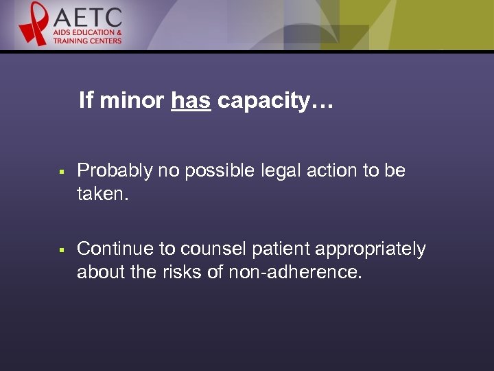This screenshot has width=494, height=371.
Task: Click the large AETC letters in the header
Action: (87, 17)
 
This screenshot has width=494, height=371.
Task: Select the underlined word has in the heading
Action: (191, 102)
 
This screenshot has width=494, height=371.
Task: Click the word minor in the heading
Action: (131, 102)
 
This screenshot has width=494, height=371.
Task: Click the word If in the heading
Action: (85, 102)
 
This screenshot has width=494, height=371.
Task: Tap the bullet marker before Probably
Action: (61, 171)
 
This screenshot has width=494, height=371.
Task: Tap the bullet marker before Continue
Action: (61, 249)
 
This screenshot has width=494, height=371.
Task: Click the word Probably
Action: (115, 170)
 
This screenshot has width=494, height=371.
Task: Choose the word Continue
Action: (115, 249)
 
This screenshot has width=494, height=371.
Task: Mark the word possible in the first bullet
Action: (226, 170)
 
